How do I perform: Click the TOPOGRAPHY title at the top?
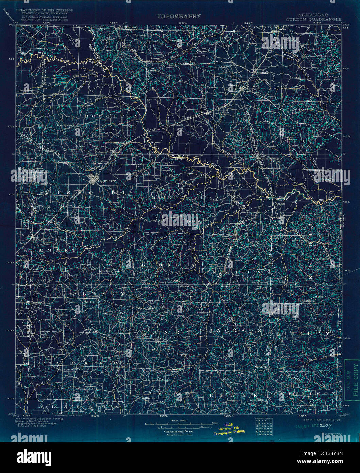[179, 16]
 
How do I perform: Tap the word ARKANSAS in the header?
[314, 15]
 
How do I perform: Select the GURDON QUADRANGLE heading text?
[313, 19]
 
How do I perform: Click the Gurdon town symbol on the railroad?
[242, 89]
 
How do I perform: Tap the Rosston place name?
[159, 339]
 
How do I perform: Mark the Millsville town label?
[149, 397]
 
